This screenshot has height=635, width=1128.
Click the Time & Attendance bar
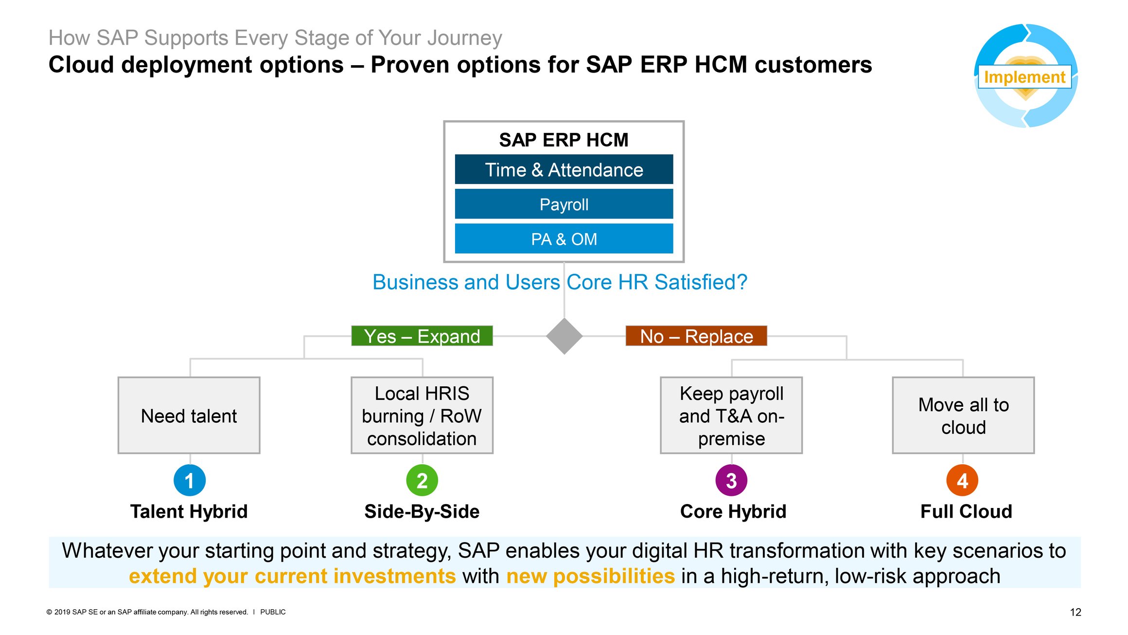(564, 170)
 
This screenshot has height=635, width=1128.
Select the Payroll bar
(564, 204)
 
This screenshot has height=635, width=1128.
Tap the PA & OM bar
(564, 239)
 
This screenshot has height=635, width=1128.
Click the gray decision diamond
(564, 336)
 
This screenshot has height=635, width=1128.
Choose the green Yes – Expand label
(422, 336)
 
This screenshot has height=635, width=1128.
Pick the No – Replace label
(696, 336)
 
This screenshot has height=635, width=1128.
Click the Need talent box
(189, 416)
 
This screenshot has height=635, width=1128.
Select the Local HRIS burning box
(422, 416)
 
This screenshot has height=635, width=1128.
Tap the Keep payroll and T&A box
(731, 416)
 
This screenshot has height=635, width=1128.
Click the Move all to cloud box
(963, 416)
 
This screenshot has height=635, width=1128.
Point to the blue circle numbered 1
(189, 480)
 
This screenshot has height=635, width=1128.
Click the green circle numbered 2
(422, 480)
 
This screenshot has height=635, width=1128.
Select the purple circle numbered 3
(731, 480)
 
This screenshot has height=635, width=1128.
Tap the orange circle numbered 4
(962, 480)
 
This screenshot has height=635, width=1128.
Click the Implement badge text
(1024, 77)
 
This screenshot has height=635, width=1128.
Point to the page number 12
(1075, 612)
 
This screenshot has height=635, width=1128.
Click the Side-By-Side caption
(422, 511)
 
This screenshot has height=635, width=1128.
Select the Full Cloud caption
(966, 511)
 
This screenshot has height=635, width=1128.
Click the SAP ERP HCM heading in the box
(564, 140)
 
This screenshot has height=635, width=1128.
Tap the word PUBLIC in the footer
(273, 612)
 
